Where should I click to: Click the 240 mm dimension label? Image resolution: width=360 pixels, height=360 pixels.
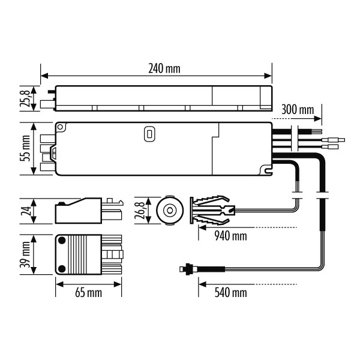click(x=164, y=68)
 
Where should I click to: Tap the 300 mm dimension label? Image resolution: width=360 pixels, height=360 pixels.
click(x=298, y=110)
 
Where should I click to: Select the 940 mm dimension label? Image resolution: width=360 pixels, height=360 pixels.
click(x=231, y=236)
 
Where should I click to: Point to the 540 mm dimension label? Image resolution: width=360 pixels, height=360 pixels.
click(x=231, y=293)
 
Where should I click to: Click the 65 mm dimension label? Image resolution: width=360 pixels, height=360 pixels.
click(x=89, y=293)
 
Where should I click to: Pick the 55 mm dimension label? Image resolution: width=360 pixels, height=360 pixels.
click(x=25, y=148)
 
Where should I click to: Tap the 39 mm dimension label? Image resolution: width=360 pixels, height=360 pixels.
click(x=25, y=254)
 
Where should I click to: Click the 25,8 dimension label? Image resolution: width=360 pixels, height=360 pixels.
click(x=25, y=98)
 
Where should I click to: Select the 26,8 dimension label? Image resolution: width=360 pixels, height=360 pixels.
click(x=140, y=211)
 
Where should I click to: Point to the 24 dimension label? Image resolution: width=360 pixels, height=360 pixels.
click(x=25, y=211)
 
